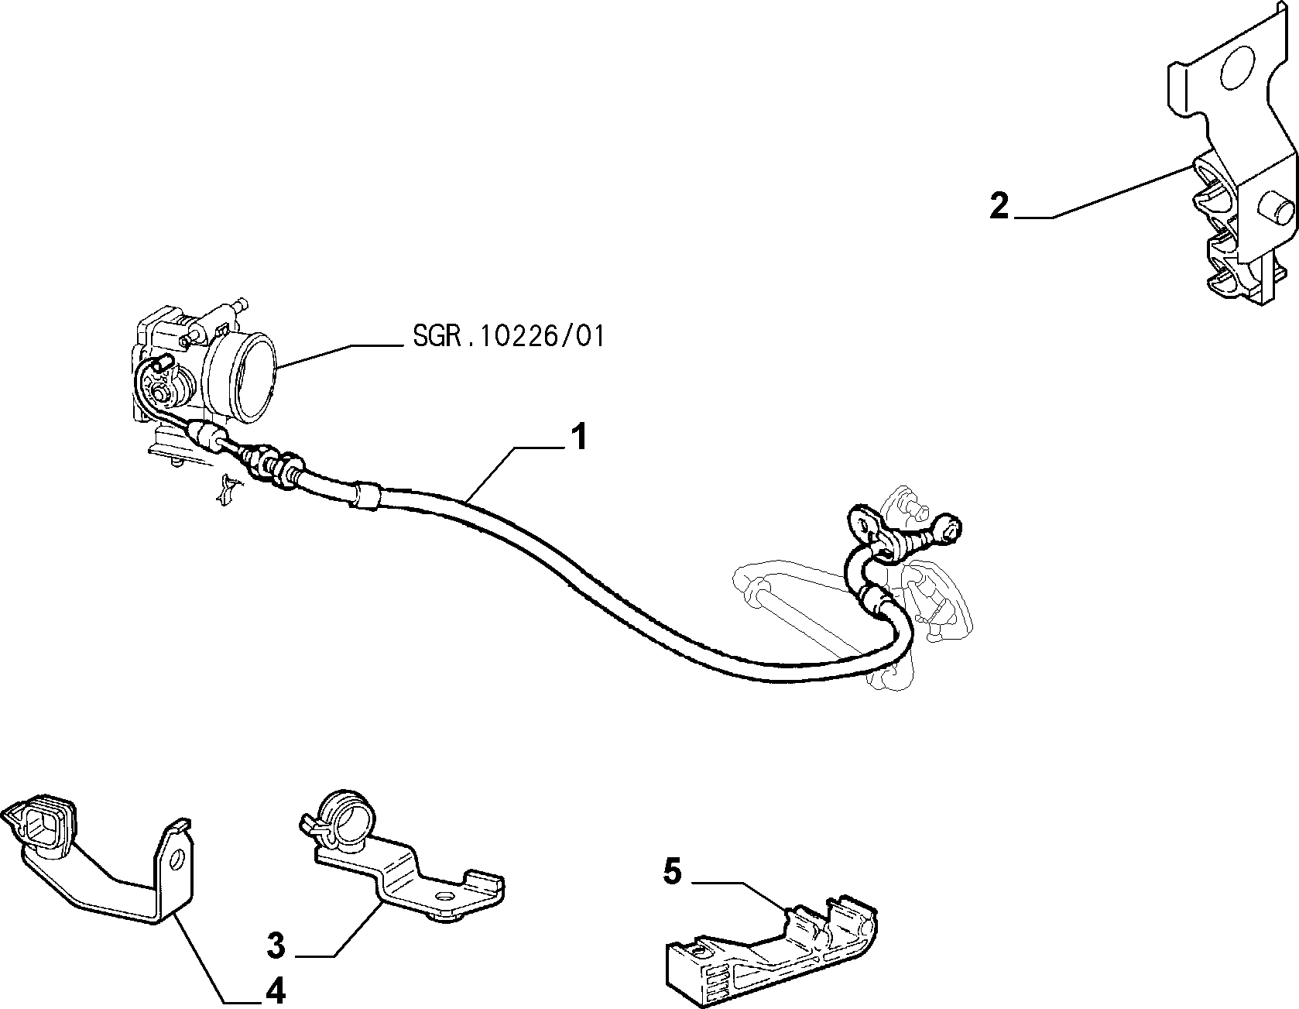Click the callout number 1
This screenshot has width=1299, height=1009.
[578, 438]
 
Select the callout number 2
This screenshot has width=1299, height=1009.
[999, 207]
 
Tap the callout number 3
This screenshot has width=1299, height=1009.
[276, 946]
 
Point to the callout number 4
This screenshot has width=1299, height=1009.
[276, 990]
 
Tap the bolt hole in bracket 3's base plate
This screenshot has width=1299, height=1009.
[444, 896]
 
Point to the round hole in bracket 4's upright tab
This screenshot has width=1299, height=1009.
[176, 860]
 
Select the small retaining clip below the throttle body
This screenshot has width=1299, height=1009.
[228, 489]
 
